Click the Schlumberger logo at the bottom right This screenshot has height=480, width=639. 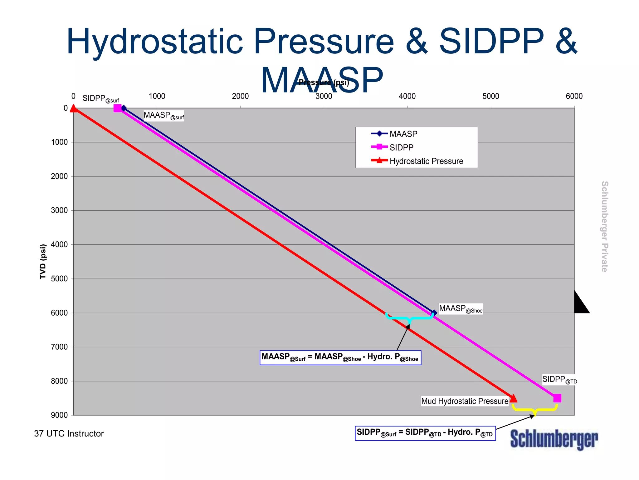(554, 439)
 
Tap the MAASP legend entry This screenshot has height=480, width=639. (403, 134)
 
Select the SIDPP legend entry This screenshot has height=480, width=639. (401, 147)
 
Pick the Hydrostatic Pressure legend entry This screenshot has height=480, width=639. (426, 161)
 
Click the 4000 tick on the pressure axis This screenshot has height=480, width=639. (407, 96)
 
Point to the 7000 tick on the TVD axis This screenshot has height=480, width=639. (59, 347)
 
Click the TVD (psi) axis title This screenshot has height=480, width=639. (43, 262)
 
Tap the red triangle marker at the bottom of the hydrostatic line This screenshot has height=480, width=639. (513, 399)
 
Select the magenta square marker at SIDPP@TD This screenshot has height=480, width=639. (557, 398)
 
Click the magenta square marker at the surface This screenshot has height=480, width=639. (118, 108)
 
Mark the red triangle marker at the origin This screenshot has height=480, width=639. (74, 108)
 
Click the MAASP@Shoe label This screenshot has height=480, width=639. (461, 309)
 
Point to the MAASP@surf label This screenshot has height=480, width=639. (163, 116)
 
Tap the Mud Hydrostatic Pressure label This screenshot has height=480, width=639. (465, 401)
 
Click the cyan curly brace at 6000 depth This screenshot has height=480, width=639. (409, 318)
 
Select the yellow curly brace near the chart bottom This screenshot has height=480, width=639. (535, 409)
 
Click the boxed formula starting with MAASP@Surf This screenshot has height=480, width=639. (340, 357)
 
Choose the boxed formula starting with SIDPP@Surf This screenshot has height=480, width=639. (425, 433)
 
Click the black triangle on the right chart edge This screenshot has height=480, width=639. (580, 303)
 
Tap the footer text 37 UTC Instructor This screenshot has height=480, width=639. (69, 434)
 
